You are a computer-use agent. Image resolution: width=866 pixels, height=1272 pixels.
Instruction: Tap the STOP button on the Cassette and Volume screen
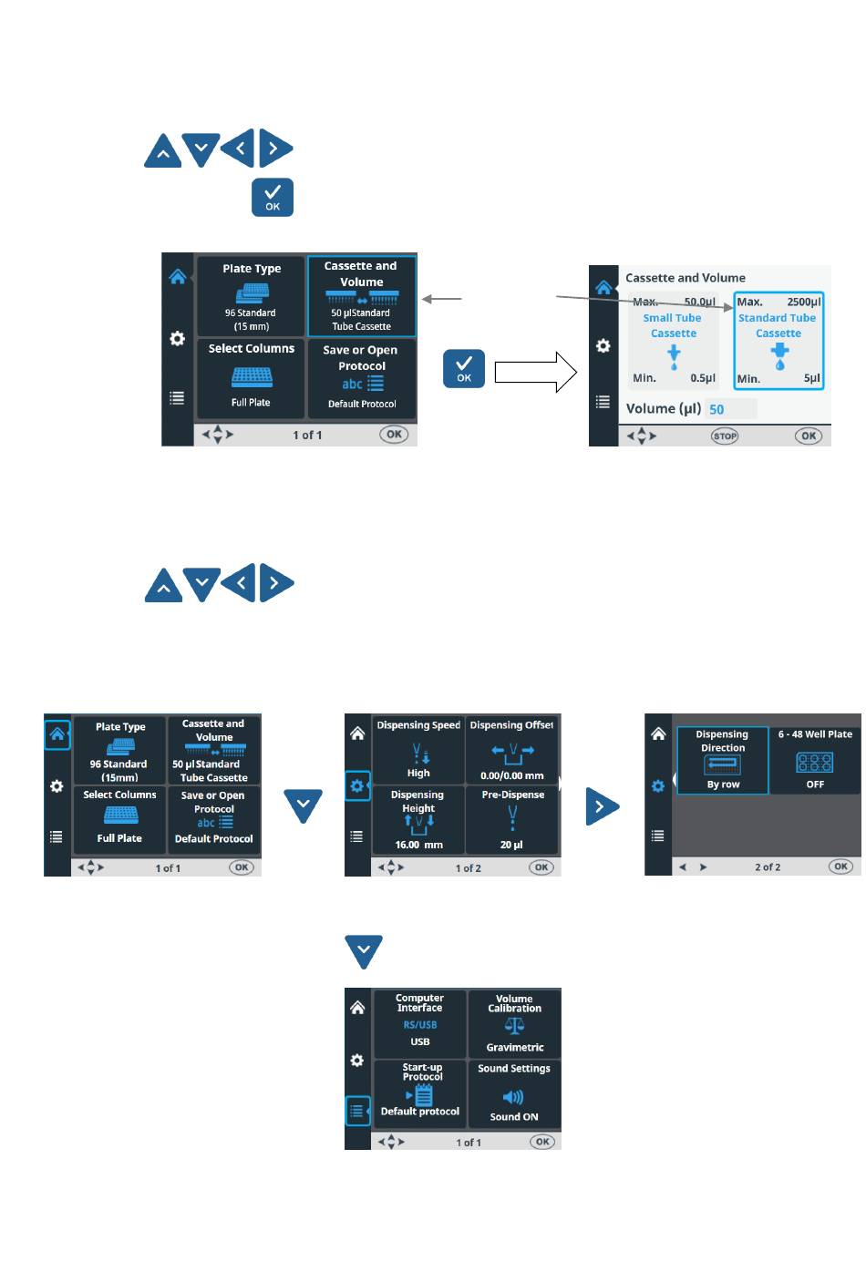[725, 436]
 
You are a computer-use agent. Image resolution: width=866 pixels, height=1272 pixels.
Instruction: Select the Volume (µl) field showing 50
[730, 409]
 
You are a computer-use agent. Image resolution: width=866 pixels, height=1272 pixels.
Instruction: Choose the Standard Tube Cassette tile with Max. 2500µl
[778, 341]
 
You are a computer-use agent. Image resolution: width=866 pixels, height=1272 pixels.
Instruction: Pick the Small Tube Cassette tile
[674, 341]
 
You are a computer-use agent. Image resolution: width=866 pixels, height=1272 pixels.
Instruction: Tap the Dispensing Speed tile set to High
[418, 750]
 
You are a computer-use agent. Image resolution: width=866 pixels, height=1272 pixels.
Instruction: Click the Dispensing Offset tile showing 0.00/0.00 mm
[512, 750]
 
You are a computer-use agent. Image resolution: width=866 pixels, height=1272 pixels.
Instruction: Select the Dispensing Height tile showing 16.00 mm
[418, 819]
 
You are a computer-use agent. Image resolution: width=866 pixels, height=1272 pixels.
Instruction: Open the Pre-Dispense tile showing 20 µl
[512, 819]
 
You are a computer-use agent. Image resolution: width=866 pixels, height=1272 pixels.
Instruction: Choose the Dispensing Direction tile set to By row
[723, 760]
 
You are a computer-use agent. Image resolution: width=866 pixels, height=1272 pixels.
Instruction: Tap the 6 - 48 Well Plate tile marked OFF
[815, 760]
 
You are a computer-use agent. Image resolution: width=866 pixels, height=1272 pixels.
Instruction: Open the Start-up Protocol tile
[419, 1093]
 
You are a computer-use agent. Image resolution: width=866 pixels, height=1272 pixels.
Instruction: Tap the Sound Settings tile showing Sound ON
[514, 1093]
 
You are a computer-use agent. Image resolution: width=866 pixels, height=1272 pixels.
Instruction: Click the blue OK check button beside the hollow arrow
[464, 369]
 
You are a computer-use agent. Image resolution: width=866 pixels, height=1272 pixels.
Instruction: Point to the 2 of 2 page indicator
[768, 867]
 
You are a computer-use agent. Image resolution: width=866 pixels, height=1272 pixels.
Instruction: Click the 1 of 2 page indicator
[469, 868]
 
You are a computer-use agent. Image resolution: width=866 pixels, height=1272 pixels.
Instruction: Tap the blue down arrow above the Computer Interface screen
[364, 952]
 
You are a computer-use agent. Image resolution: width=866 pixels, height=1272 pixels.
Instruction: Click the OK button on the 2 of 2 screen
[840, 867]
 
